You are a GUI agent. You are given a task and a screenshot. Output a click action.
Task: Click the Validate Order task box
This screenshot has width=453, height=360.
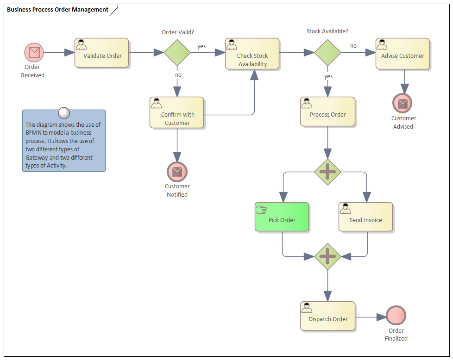click(x=102, y=53)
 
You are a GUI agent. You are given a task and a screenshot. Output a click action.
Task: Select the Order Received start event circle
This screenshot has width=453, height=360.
click(x=34, y=52)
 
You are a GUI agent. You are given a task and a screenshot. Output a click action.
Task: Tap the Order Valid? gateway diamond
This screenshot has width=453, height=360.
click(x=177, y=52)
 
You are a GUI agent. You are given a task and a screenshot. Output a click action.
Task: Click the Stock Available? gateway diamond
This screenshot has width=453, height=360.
click(x=327, y=52)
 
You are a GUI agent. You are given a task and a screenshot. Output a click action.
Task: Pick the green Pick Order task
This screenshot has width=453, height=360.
click(x=282, y=217)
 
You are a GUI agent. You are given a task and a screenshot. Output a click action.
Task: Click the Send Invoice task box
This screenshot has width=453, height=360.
click(x=365, y=217)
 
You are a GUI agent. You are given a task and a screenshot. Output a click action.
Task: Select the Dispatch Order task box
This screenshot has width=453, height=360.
click(x=327, y=316)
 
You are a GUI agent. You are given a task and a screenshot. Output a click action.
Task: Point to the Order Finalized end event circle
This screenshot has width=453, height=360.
click(x=396, y=316)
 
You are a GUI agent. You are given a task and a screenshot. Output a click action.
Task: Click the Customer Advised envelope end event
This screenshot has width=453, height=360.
click(x=402, y=103)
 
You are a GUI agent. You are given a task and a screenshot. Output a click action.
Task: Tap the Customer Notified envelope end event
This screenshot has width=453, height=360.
click(x=177, y=172)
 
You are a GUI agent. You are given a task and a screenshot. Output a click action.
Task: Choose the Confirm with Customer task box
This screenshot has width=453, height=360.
click(x=177, y=112)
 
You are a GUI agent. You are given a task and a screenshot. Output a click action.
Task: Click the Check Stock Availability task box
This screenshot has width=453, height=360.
click(x=252, y=54)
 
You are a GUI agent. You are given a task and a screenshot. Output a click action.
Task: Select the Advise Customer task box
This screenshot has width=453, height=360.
click(x=403, y=54)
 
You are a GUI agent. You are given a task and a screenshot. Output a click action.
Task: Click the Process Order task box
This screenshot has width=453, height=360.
click(x=327, y=112)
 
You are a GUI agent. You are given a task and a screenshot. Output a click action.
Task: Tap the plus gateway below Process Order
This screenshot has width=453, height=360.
click(x=327, y=172)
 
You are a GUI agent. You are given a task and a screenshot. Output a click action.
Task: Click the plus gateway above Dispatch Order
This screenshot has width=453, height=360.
click(x=327, y=256)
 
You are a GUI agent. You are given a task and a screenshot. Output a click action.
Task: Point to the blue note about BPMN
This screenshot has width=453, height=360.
click(x=64, y=141)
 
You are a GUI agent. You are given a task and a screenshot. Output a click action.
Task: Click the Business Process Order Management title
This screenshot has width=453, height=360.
click(x=58, y=9)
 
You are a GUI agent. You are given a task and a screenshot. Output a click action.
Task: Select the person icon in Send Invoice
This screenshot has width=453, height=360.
click(x=345, y=209)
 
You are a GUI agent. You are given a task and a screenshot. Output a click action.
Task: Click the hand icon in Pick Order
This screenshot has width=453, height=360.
click(x=261, y=210)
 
